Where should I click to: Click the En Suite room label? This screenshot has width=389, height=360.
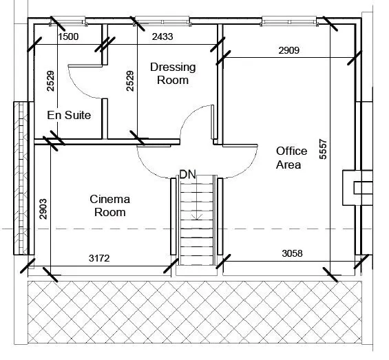tap(69, 116)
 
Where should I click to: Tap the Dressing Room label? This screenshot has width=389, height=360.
tap(173, 74)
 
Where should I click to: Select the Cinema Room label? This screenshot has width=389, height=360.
tap(110, 206)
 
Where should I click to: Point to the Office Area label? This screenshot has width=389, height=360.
tap(291, 158)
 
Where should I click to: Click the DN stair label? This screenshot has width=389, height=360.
tap(187, 174)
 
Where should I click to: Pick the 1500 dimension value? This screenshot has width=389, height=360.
tap(68, 36)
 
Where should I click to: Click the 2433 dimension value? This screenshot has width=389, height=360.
tap(162, 36)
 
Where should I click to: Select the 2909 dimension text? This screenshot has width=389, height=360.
tap(288, 50)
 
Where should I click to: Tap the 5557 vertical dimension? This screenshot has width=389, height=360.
tap(323, 149)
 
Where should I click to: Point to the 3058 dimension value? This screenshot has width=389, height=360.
tap(292, 253)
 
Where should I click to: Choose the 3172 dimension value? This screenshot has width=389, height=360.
tap(99, 258)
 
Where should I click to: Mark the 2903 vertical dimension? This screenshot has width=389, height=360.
tap(43, 209)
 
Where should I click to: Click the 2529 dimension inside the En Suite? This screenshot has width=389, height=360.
tap(51, 81)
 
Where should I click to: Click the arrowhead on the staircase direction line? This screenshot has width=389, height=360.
tap(197, 217)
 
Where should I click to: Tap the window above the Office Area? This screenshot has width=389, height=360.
tap(289, 21)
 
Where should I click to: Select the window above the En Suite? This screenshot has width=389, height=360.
tap(68, 21)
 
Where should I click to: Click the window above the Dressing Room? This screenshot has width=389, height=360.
tap(162, 21)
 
